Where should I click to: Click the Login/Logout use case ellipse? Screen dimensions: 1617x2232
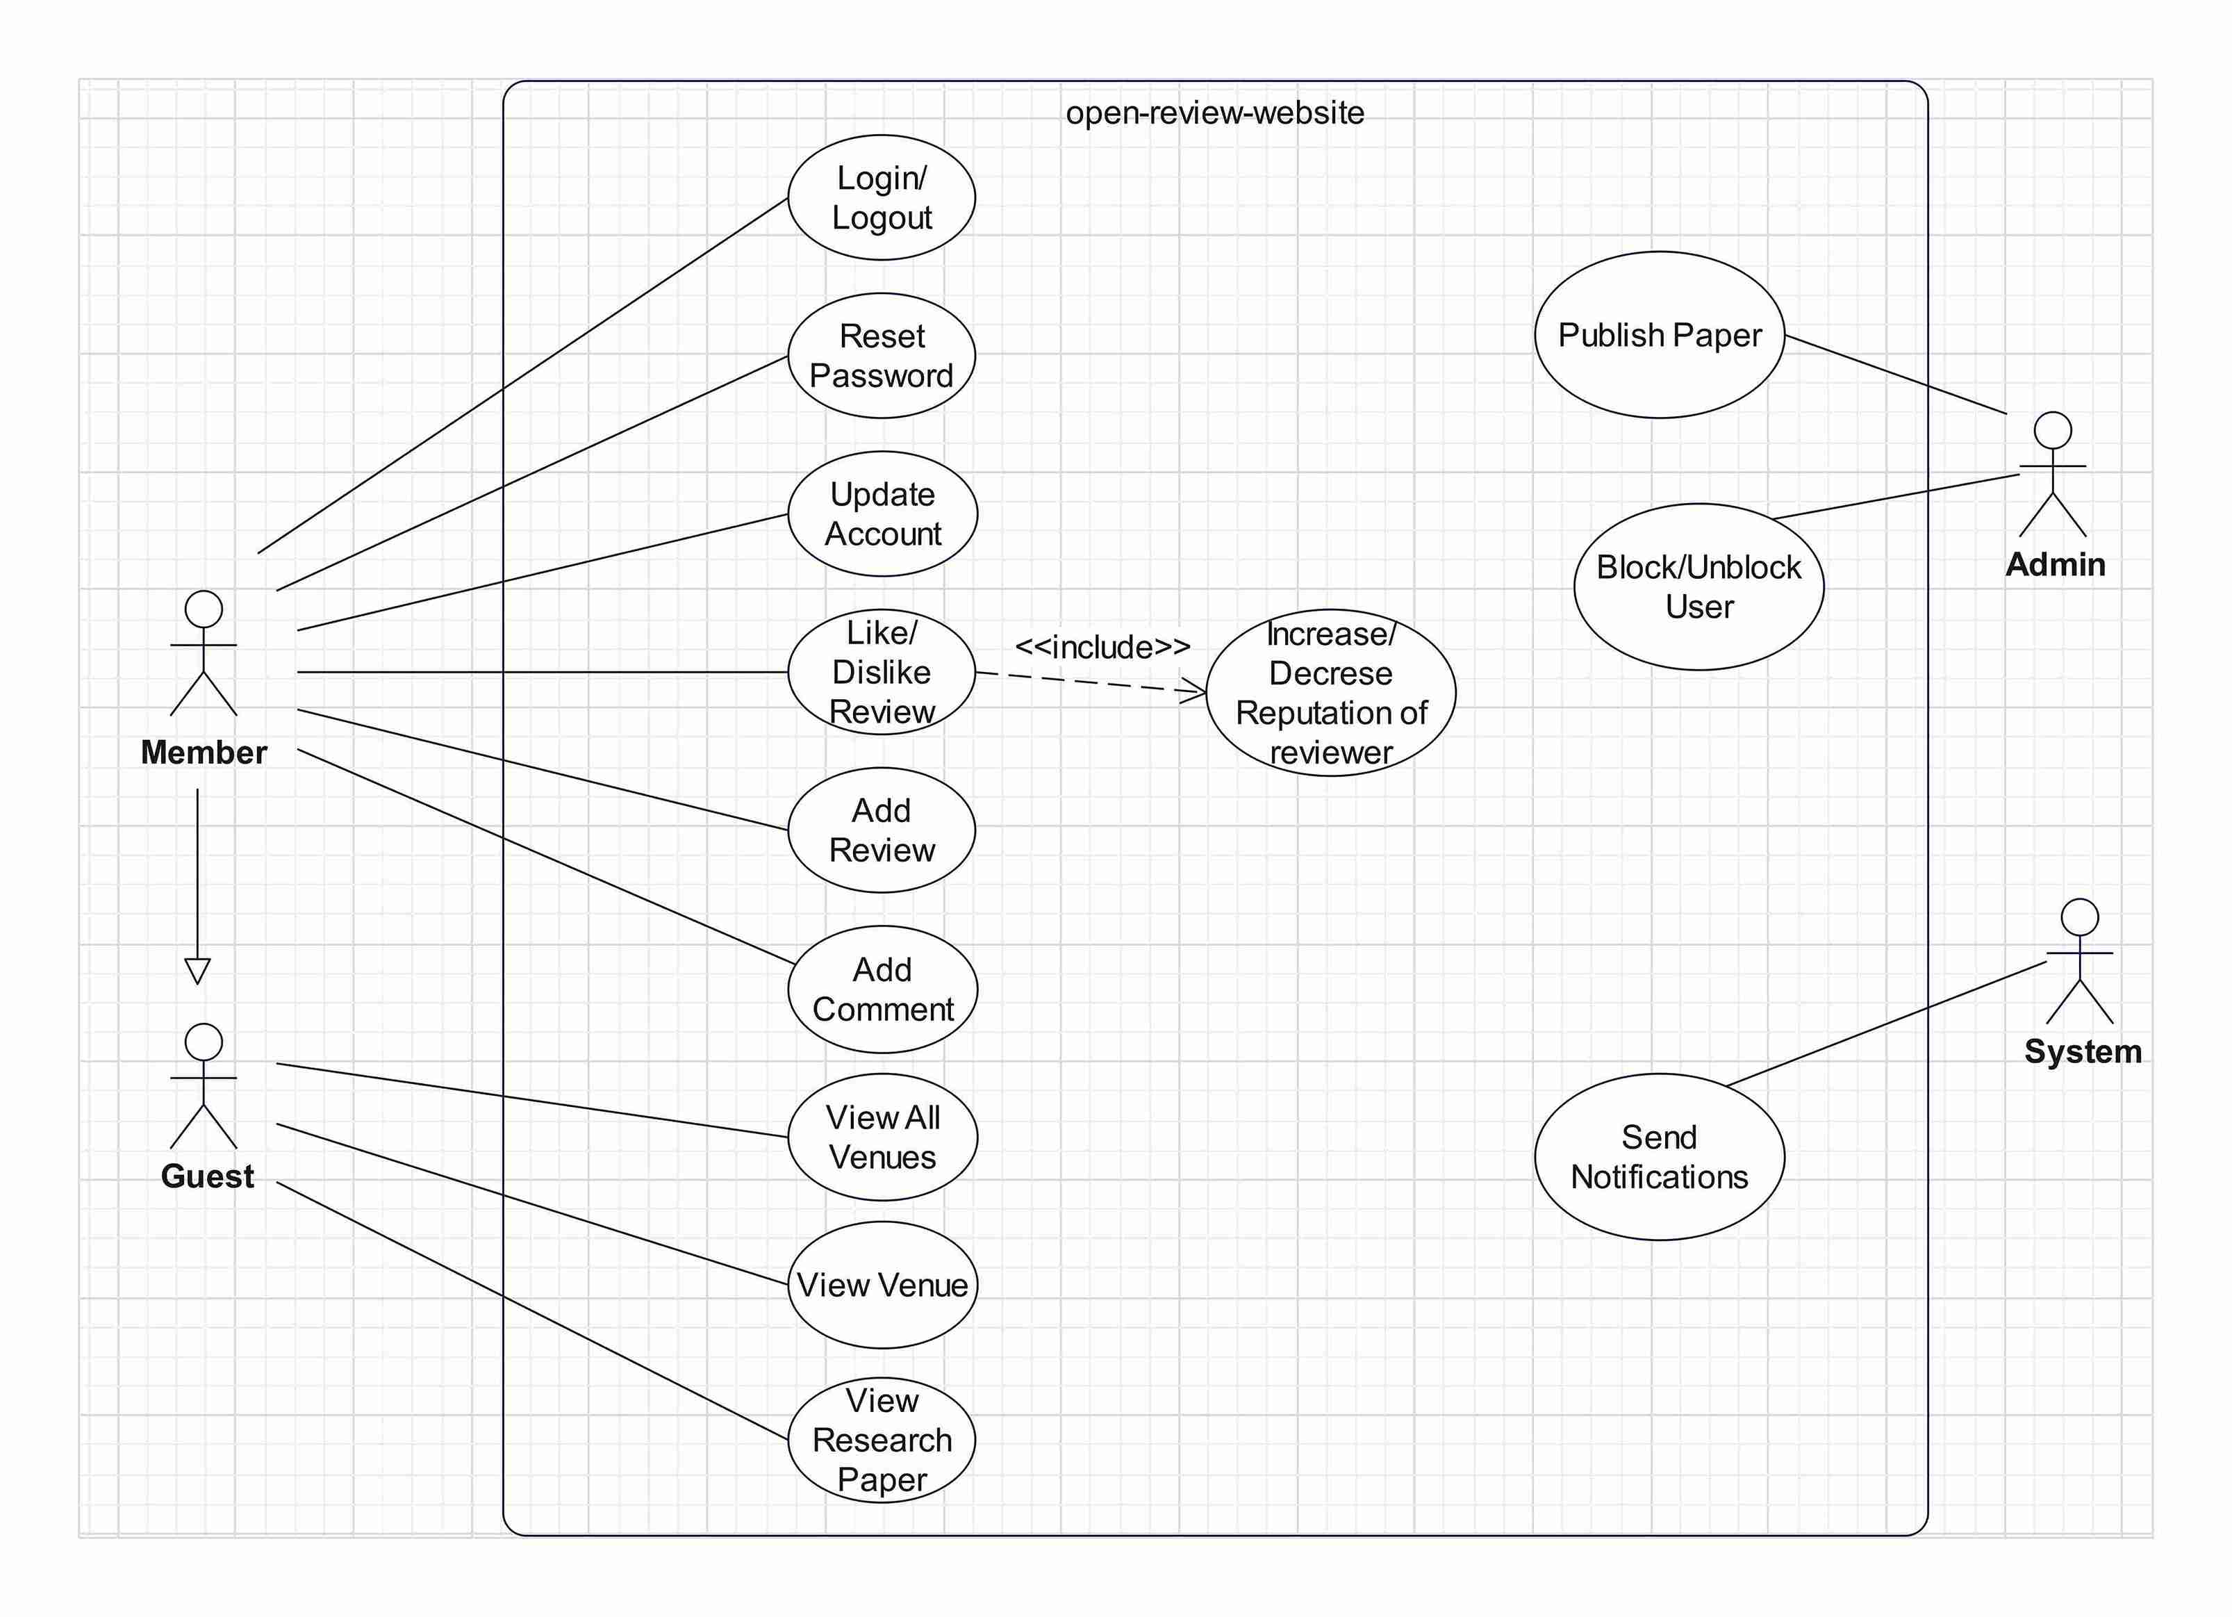tap(881, 198)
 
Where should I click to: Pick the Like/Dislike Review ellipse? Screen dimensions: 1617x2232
tap(881, 672)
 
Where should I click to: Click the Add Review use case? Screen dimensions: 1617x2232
tap(881, 830)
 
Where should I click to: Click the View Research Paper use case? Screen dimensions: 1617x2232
tap(881, 1440)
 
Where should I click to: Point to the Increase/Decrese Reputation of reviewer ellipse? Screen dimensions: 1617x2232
tap(1330, 693)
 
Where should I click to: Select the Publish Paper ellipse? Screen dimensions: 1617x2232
tap(1659, 335)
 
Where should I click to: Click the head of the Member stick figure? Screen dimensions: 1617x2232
tap(204, 609)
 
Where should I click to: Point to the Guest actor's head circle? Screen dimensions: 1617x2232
tap(204, 1042)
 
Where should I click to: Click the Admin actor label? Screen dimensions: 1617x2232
tap(2055, 565)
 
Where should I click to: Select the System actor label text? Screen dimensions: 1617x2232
tap(2083, 1051)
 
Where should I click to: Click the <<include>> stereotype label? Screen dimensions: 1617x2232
tap(1102, 647)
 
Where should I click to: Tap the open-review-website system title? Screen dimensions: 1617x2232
tap(1214, 113)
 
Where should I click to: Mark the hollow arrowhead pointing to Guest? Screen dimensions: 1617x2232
tap(198, 971)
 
